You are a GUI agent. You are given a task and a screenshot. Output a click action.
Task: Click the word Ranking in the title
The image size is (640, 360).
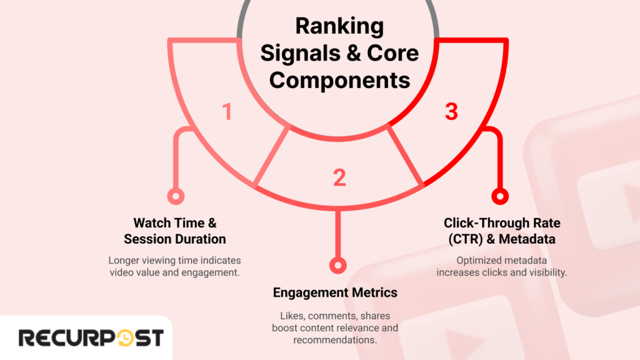point(339,27)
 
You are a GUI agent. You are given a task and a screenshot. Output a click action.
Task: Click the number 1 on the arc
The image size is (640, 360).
point(227,112)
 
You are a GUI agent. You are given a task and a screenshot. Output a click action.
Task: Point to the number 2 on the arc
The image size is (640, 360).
point(339,177)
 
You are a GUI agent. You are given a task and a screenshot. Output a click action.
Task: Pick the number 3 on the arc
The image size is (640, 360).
point(451,112)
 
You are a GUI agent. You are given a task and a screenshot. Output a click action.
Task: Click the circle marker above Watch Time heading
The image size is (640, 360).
point(176,196)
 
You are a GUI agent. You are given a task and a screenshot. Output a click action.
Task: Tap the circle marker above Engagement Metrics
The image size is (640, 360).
point(337,265)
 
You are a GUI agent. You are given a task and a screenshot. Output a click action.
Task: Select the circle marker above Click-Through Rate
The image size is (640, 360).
point(499,196)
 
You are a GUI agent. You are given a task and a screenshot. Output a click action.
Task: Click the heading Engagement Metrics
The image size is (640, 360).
point(335,292)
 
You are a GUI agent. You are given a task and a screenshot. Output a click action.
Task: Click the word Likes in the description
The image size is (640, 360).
point(284,316)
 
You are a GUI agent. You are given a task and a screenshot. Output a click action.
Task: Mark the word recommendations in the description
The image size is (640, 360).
point(335,340)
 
